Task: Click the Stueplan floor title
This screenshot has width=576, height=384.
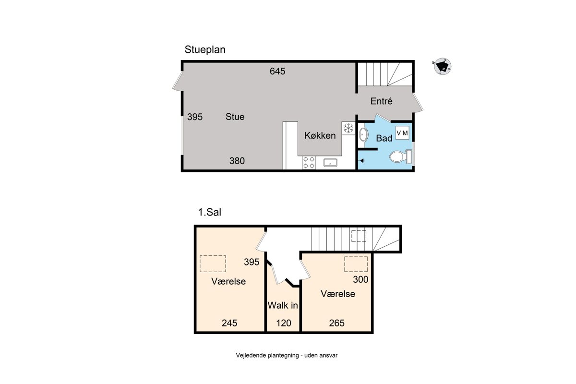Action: click(205, 49)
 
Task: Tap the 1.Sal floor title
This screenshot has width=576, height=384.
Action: click(210, 212)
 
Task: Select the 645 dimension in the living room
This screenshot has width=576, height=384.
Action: click(277, 71)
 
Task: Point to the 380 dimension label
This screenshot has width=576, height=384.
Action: click(237, 161)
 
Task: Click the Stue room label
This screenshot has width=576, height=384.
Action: click(235, 117)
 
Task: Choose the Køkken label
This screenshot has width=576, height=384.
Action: click(320, 135)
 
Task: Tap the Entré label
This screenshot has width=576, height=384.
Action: click(381, 101)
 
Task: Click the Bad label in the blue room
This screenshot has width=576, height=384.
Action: click(384, 138)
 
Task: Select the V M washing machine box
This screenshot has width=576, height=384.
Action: click(402, 133)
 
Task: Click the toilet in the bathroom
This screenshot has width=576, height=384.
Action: click(401, 156)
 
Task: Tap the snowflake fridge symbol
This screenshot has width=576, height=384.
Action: click(348, 128)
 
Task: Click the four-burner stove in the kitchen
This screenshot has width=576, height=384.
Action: click(309, 163)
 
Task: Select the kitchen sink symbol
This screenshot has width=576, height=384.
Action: click(330, 163)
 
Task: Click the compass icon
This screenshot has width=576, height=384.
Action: click(442, 66)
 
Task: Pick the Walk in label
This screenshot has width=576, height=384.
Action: click(283, 306)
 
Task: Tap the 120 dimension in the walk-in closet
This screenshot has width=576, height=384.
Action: click(284, 323)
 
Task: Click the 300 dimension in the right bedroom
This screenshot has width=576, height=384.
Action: click(360, 279)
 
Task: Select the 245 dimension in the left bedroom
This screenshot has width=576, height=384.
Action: click(229, 323)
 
